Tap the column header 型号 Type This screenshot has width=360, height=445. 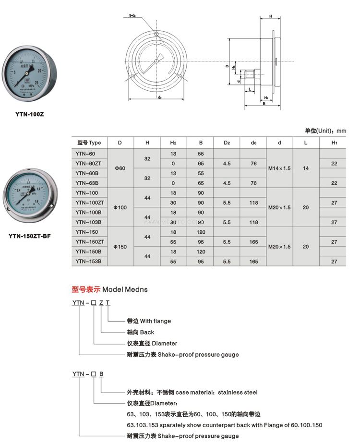tap(89, 143)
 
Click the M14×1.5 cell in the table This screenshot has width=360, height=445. tap(279, 168)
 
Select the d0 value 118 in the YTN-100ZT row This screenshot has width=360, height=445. tap(253, 203)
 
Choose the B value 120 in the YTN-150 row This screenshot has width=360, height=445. tap(201, 232)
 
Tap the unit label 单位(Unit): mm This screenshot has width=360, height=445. tap(325, 131)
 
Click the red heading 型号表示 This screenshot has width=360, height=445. tap(85, 289)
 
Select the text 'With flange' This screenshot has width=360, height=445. tap(155, 321)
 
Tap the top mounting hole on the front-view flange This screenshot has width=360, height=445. tap(156, 33)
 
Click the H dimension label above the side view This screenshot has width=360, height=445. tap(271, 16)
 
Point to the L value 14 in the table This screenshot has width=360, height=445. tap(305, 168)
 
